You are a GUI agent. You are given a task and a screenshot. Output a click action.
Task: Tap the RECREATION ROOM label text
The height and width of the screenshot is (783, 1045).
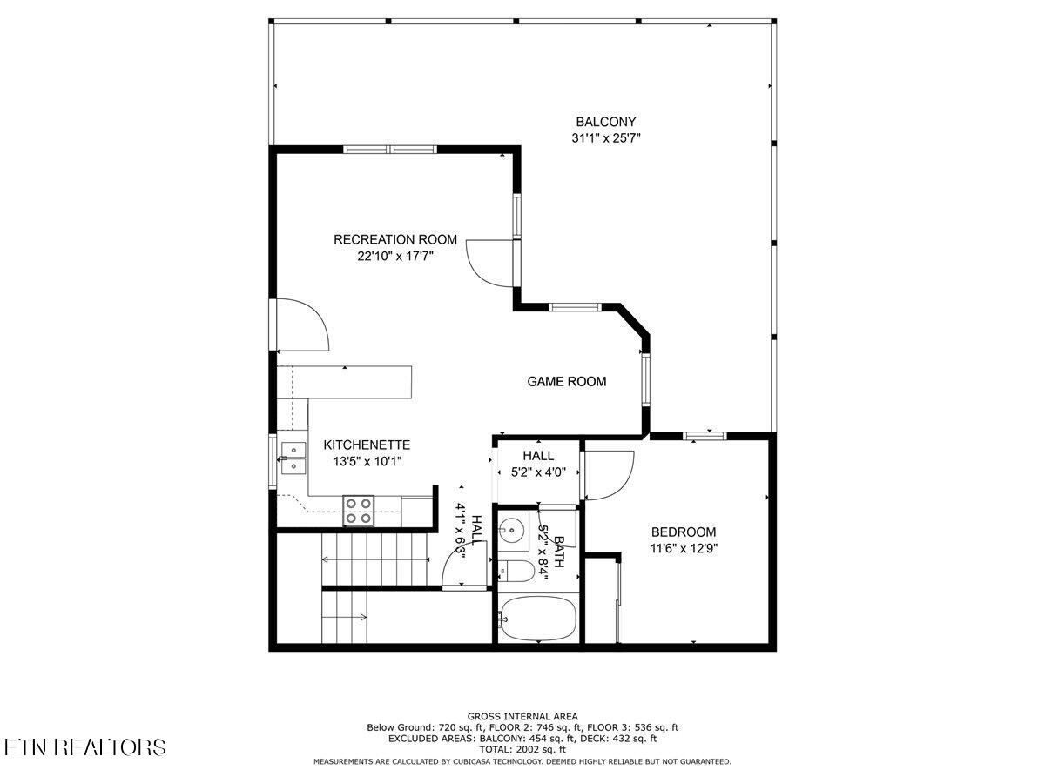[395, 239]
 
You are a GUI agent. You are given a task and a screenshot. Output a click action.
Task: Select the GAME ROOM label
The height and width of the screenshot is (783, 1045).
[567, 381]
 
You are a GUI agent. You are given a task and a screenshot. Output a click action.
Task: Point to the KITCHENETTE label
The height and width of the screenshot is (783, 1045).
[367, 445]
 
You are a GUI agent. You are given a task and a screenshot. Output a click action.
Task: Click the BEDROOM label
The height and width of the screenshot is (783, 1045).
[684, 532]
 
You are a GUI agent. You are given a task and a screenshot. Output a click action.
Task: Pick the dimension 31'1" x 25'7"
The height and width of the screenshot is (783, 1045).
[606, 138]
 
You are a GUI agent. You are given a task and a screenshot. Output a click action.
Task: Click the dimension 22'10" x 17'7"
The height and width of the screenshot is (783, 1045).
[395, 257]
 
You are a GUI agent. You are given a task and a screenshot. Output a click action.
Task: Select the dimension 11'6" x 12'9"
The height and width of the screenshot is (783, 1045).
[684, 549]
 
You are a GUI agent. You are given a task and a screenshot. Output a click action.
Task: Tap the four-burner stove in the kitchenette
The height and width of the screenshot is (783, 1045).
[359, 511]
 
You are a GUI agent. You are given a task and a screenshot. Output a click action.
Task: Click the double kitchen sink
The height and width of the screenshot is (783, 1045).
[293, 458]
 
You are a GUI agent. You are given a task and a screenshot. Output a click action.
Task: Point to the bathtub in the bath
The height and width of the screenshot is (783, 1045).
[538, 619]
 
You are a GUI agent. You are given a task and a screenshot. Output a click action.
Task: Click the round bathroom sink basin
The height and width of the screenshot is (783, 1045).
[511, 529]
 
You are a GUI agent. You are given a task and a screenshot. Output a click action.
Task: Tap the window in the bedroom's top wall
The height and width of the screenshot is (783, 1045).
[705, 436]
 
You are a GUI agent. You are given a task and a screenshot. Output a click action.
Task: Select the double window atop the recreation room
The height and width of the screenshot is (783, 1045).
[390, 150]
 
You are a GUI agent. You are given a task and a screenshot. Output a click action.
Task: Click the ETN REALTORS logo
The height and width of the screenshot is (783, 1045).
[84, 746]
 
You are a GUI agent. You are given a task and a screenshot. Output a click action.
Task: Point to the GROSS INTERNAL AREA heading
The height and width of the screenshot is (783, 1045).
[522, 716]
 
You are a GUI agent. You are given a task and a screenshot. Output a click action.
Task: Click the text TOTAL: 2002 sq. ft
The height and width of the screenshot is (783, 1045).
[522, 750]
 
